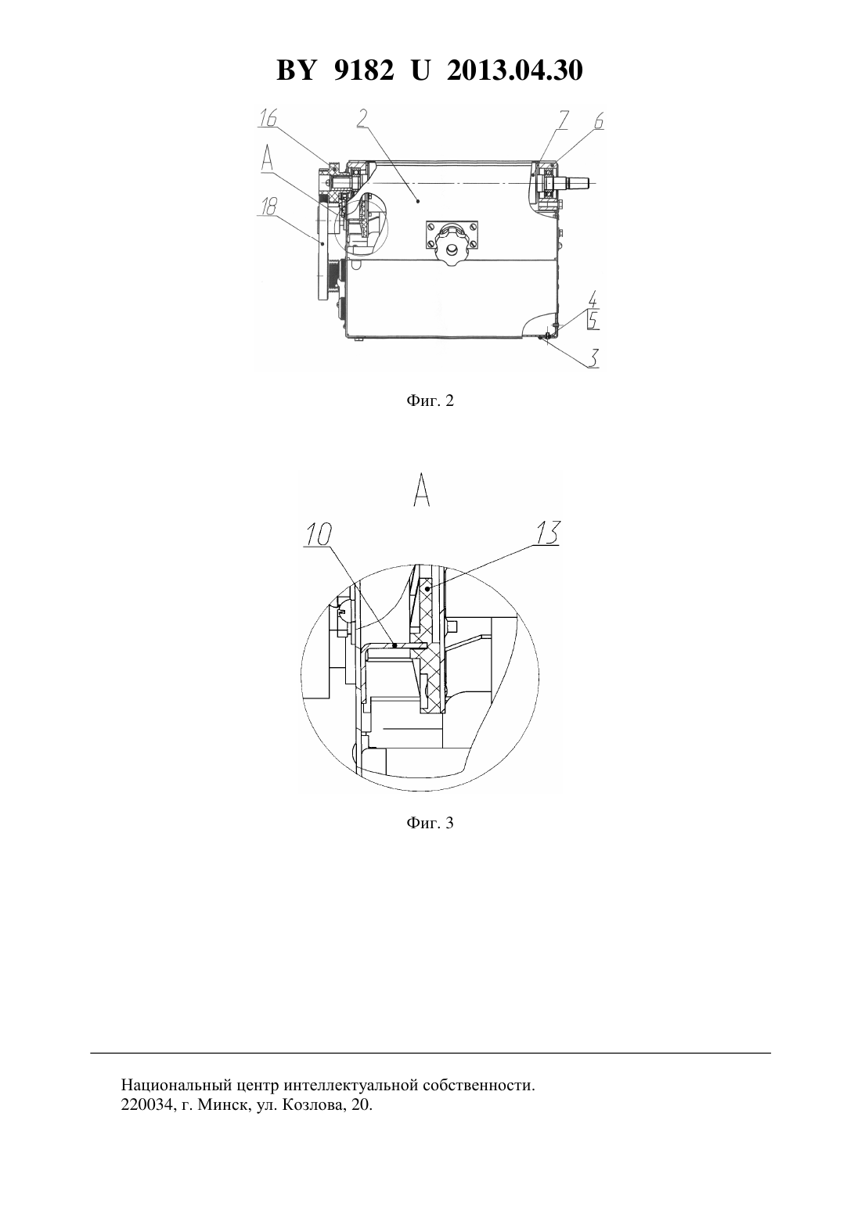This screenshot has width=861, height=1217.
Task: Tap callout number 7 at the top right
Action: point(561,120)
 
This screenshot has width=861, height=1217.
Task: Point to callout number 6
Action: point(598,121)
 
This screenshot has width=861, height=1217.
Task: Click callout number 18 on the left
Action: point(269,206)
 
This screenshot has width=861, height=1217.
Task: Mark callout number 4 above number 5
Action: point(593,300)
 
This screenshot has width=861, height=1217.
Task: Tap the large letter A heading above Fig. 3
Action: point(422,490)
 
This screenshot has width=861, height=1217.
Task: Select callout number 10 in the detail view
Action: point(319,535)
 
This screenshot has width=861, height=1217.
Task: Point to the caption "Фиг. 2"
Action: point(430,401)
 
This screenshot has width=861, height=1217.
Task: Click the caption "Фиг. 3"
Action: point(430,823)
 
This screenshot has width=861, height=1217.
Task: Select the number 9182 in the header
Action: point(363,70)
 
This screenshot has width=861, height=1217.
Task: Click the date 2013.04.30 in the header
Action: point(515,70)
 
